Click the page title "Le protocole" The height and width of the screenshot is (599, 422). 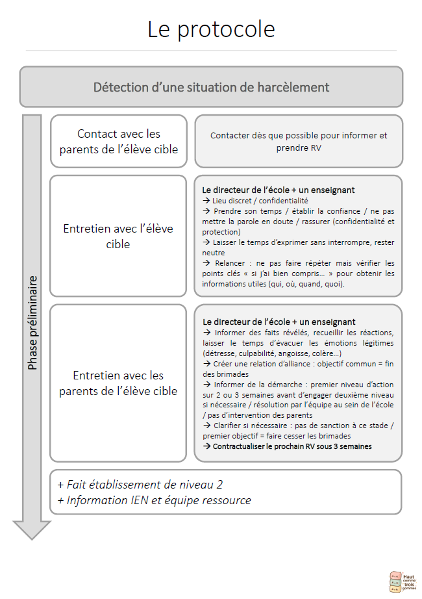(211, 29)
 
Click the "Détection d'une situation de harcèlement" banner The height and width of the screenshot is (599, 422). (211, 87)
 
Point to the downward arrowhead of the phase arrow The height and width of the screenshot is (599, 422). (32, 529)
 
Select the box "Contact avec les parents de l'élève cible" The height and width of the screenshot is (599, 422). (119, 142)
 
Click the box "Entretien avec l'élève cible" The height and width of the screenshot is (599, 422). (118, 236)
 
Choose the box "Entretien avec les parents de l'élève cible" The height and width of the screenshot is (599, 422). (118, 383)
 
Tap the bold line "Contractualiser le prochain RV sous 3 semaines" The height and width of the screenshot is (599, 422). (292, 446)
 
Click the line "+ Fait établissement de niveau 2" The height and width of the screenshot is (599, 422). (140, 485)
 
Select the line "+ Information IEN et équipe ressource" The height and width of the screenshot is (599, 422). (154, 500)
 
